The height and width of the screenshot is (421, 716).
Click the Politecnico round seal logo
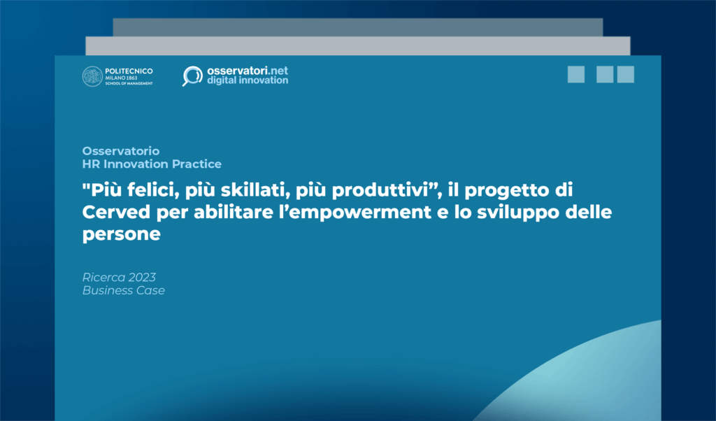[92, 76]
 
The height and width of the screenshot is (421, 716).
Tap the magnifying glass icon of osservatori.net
[191, 76]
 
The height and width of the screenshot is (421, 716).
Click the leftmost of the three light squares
[576, 75]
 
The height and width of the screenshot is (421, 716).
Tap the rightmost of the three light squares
[626, 75]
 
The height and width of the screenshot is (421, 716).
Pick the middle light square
[605, 75]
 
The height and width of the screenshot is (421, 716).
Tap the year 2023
[138, 277]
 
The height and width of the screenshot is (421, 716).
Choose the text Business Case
[124, 290]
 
